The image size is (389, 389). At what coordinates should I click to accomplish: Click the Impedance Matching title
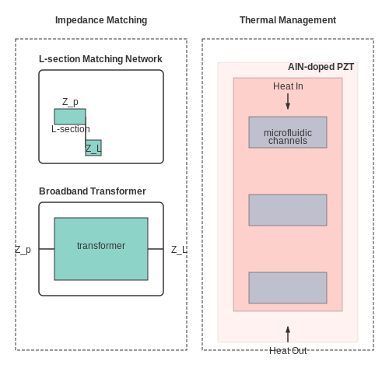tap(101, 20)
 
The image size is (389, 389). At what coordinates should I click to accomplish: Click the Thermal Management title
tap(288, 20)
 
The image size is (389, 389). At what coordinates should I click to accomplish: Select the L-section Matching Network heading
tap(100, 59)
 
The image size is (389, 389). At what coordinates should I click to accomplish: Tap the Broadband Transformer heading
tap(93, 191)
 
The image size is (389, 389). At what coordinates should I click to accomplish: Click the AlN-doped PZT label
tap(321, 67)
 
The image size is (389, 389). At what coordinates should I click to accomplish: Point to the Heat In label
tap(288, 86)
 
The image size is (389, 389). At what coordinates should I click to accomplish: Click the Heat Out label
tap(288, 351)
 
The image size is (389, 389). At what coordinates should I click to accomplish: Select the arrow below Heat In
tap(288, 101)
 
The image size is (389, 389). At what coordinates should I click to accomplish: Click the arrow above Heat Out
tap(288, 335)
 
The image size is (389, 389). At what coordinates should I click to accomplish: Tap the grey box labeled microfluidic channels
tap(288, 132)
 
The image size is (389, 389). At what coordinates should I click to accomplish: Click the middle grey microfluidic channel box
tap(288, 210)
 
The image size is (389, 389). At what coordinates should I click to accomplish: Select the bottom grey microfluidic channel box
tap(288, 288)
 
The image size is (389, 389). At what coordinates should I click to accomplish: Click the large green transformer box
tap(101, 249)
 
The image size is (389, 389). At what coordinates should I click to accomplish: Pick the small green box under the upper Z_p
tap(70, 117)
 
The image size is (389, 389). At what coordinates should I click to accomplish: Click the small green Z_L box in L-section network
tap(93, 148)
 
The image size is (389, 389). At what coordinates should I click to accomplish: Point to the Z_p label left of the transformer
tap(23, 250)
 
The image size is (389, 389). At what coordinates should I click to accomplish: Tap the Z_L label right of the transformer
tap(179, 250)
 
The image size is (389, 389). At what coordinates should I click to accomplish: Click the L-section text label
tap(71, 129)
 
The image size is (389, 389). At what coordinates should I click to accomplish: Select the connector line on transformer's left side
tap(47, 249)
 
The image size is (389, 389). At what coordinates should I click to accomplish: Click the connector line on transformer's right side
tap(156, 249)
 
